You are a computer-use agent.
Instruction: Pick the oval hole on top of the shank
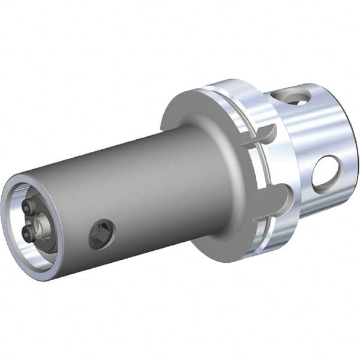coord(291,97)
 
